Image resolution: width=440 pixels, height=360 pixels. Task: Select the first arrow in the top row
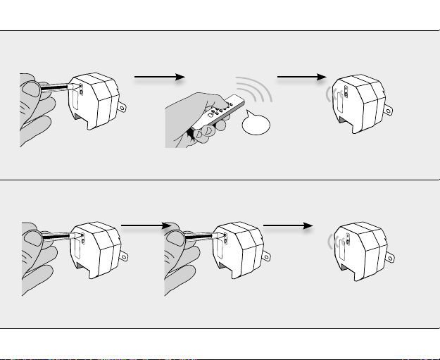pos(160,76)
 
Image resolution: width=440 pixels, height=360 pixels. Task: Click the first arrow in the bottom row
pos(145,226)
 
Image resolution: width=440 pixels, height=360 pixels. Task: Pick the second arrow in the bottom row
pos(287,226)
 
